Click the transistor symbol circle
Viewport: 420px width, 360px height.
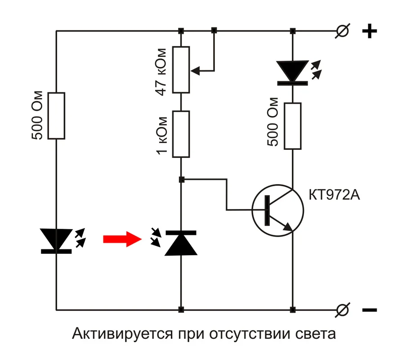click(277, 210)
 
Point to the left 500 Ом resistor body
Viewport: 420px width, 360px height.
click(57, 116)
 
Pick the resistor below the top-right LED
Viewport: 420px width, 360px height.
click(292, 126)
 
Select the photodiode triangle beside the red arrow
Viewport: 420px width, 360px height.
click(181, 243)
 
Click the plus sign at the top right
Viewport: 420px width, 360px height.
click(369, 31)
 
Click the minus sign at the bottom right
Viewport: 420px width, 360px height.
click(369, 310)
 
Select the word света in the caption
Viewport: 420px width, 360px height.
click(315, 335)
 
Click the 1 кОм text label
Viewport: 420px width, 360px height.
click(163, 135)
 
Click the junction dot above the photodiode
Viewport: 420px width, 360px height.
click(181, 180)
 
